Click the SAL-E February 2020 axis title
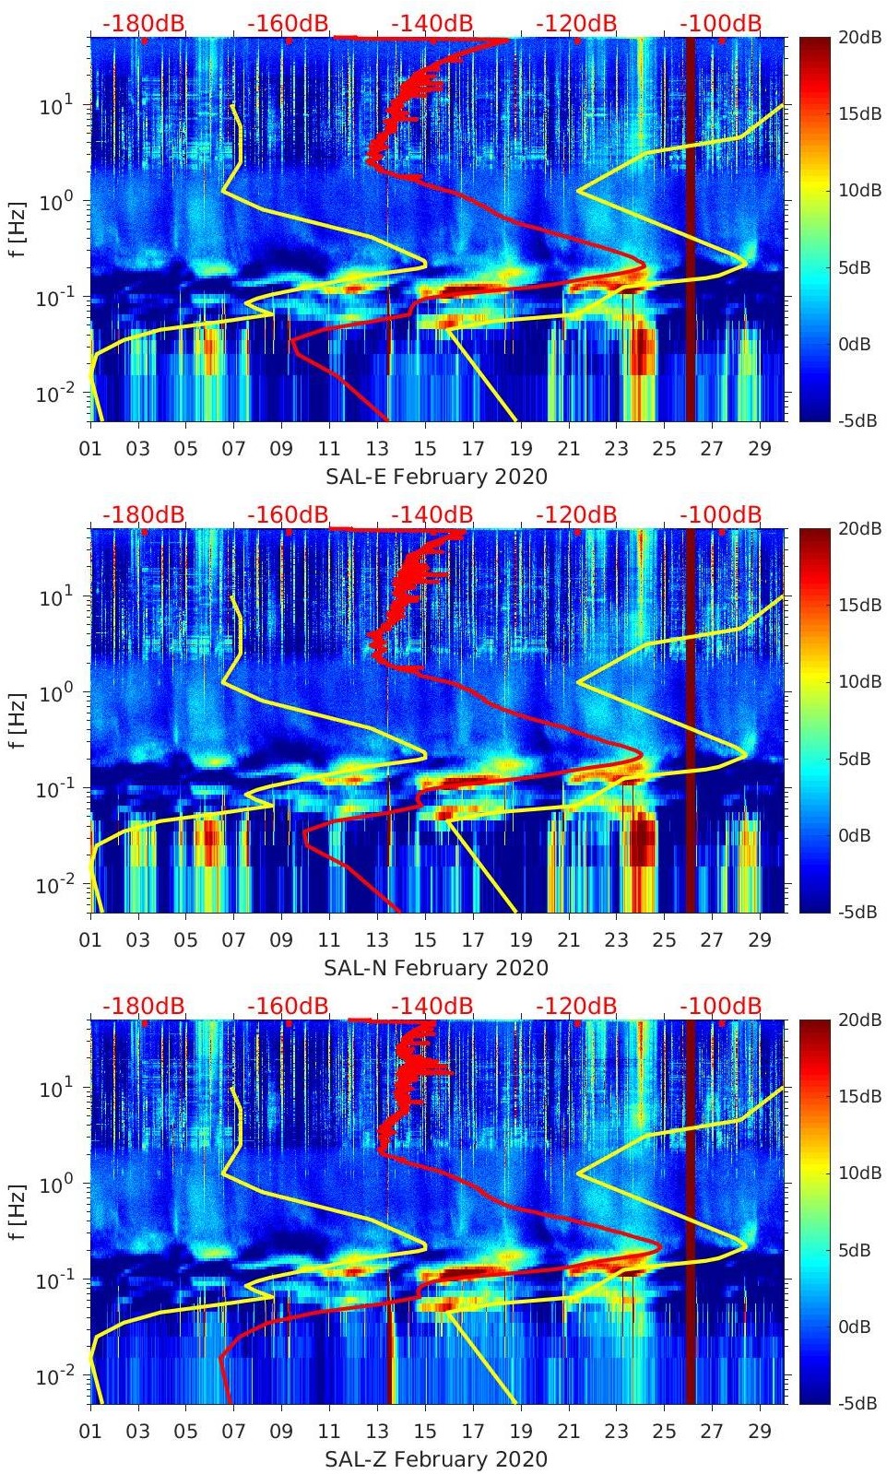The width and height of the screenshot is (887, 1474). tap(436, 477)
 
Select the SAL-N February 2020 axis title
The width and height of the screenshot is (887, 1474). tap(436, 968)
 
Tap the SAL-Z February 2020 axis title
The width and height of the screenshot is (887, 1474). tap(436, 1459)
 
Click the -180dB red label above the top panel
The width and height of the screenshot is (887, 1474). tap(143, 23)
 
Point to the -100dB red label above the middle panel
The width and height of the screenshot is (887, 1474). tap(721, 514)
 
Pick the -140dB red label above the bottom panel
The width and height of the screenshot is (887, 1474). tap(432, 1006)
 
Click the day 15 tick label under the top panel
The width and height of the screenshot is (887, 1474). tap(425, 449)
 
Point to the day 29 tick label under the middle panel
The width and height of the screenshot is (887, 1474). tap(760, 940)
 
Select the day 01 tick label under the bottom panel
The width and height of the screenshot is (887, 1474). tap(90, 1432)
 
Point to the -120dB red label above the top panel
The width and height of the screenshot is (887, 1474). tap(576, 23)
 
